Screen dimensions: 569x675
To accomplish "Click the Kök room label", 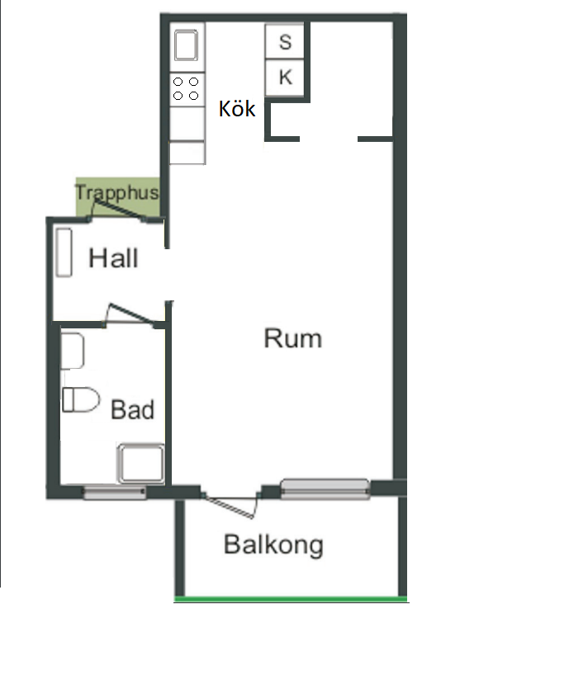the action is [x=237, y=108].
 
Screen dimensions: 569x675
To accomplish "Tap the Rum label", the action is [x=293, y=338].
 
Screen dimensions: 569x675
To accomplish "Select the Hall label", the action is [x=113, y=258].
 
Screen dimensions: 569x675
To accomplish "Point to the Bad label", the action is [x=132, y=409].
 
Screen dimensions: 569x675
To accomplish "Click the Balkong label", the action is [x=273, y=545].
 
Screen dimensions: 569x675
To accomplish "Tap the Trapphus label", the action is [x=116, y=192].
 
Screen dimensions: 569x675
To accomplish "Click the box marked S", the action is [x=285, y=41].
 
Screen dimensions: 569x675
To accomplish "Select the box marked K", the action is [x=285, y=78].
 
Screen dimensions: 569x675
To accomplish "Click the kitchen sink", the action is [x=186, y=45].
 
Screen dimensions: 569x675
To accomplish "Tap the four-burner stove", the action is [x=187, y=89].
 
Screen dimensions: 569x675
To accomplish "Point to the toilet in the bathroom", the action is [x=81, y=399].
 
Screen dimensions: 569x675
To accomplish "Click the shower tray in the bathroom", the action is [x=141, y=464].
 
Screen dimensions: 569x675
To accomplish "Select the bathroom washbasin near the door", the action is [x=72, y=351].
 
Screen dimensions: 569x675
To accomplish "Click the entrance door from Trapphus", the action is [x=118, y=210].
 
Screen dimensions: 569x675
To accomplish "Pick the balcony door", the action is [x=230, y=505].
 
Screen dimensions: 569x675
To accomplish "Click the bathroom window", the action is [x=114, y=492].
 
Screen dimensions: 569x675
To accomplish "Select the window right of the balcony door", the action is [x=325, y=489].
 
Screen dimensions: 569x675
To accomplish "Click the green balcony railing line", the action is [x=291, y=599].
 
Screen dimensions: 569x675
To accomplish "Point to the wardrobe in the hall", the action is [x=64, y=253].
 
